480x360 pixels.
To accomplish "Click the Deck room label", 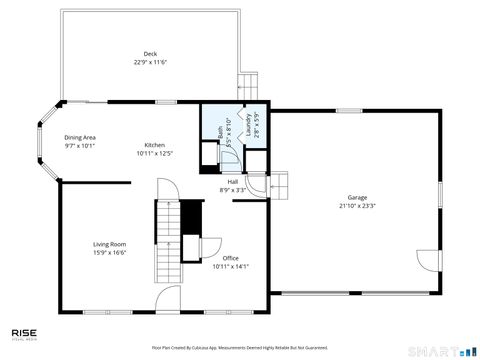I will pyautogui.click(x=150, y=54).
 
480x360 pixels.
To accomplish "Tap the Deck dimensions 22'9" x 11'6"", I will pyautogui.click(x=150, y=62).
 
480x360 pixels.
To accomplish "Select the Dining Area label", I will pyautogui.click(x=80, y=137).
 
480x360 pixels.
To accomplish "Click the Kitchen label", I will pyautogui.click(x=154, y=145).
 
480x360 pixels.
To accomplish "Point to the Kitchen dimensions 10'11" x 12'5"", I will pyautogui.click(x=154, y=153).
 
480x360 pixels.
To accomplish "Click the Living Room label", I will pyautogui.click(x=109, y=244).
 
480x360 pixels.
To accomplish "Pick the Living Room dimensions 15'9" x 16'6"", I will pyautogui.click(x=109, y=252).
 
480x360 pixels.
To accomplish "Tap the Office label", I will pyautogui.click(x=230, y=258).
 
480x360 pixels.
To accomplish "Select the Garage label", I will pyautogui.click(x=357, y=197).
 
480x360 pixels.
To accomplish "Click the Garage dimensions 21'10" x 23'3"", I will pyautogui.click(x=357, y=205).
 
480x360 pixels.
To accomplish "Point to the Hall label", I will pyautogui.click(x=232, y=182).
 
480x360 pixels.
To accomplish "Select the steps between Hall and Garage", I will pyautogui.click(x=280, y=185).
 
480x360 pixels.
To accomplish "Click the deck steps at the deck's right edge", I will pyautogui.click(x=248, y=87).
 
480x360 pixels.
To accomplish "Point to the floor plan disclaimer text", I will pyautogui.click(x=240, y=347).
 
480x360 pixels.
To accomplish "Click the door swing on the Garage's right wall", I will pyautogui.click(x=428, y=260).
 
